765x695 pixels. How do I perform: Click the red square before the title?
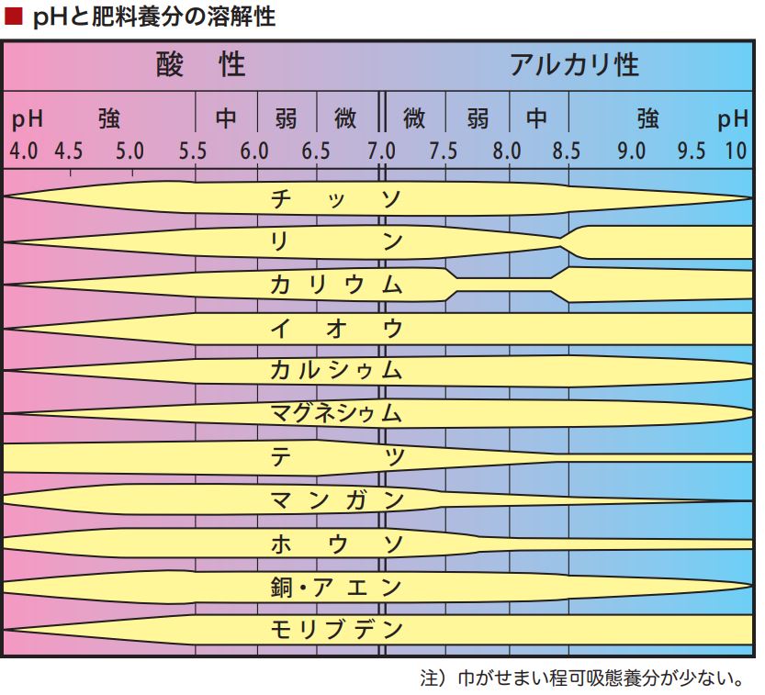tap(14, 17)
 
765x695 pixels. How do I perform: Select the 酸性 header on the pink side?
tap(201, 65)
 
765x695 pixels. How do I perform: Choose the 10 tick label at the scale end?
tap(737, 151)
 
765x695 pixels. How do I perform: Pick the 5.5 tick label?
tap(193, 151)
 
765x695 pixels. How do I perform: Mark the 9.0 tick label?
tap(631, 151)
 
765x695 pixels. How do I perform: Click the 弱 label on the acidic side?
tap(286, 118)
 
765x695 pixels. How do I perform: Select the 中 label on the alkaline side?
tap(536, 118)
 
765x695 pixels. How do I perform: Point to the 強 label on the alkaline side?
tap(647, 118)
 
